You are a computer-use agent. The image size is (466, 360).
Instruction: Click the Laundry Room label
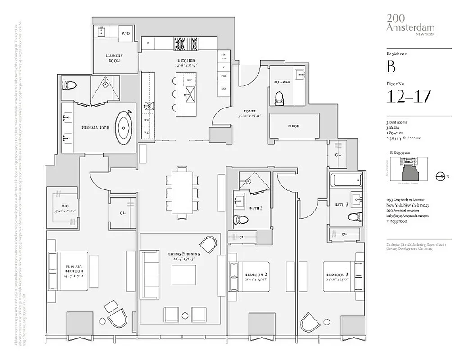[x=114, y=58]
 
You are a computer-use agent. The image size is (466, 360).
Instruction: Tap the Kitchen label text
[x=185, y=60]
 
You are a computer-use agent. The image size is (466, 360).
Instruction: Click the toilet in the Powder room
[x=280, y=98]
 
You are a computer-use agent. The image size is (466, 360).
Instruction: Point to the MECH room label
[x=294, y=126]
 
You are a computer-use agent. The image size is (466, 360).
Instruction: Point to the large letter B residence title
[x=391, y=67]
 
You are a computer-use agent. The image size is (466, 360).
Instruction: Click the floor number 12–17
[x=409, y=96]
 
